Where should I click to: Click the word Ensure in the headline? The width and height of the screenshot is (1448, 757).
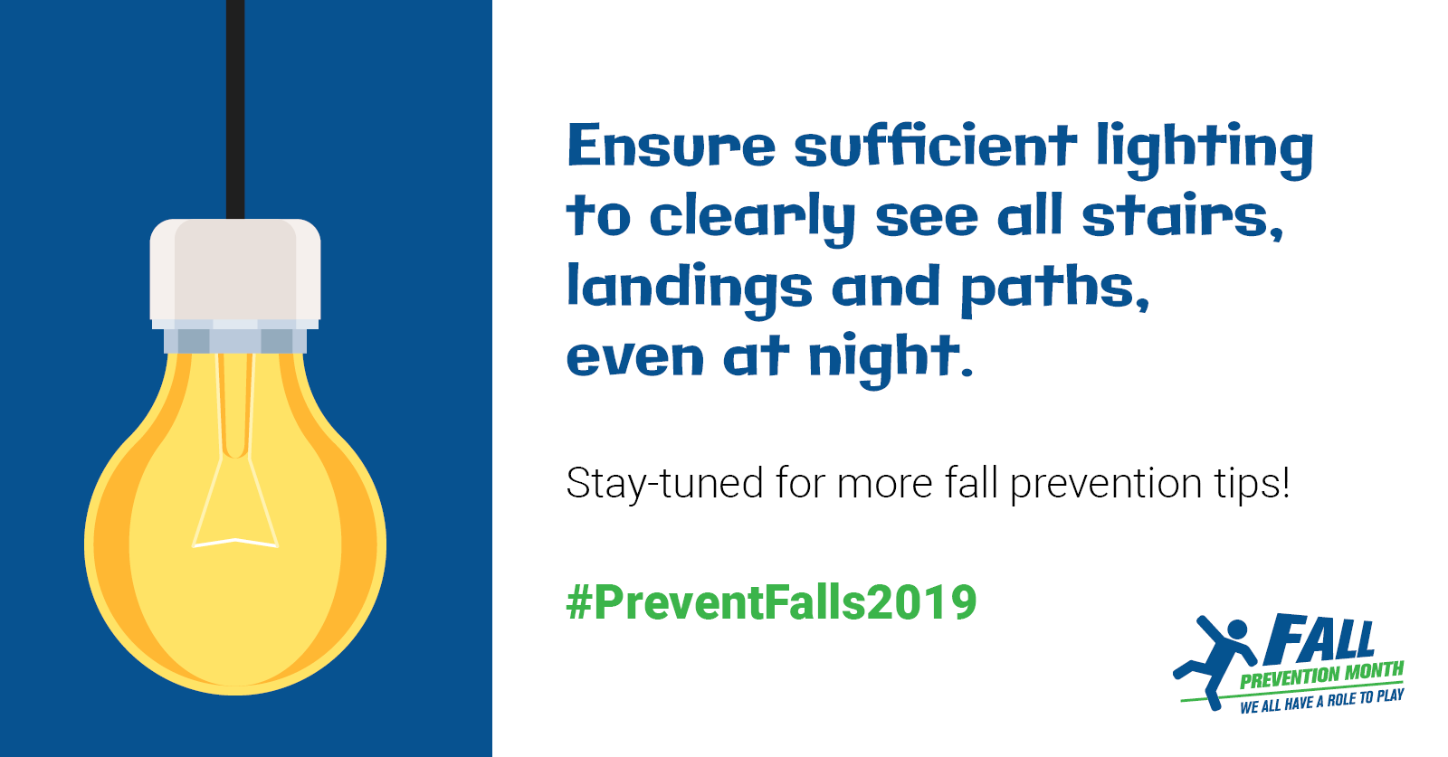(671, 145)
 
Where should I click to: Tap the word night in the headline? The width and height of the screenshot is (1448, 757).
(891, 361)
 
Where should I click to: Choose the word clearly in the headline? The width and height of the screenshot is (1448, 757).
(752, 220)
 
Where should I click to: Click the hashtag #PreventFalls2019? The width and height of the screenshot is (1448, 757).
(771, 602)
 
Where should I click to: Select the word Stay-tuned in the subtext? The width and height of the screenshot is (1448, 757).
(664, 484)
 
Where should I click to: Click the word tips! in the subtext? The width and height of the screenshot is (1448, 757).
(1253, 484)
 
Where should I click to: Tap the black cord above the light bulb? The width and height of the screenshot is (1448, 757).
(235, 109)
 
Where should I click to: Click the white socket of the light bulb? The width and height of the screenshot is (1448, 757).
(235, 272)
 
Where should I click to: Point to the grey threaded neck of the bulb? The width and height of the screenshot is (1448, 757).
(235, 340)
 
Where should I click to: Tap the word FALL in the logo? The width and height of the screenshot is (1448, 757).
(1319, 639)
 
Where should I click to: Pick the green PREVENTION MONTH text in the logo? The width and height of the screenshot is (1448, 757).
(1321, 676)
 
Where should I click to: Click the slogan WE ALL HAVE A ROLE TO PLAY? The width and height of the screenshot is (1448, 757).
(1322, 702)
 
